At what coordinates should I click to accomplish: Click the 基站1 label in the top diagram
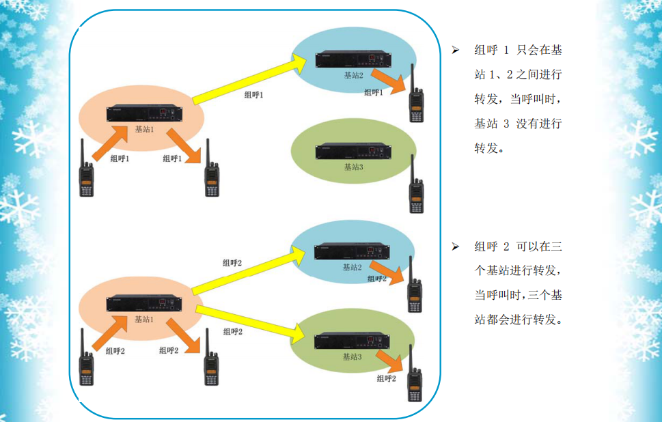(x=144, y=128)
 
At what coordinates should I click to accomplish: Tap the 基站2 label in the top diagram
(x=353, y=75)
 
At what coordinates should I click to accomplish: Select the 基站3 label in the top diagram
(x=353, y=167)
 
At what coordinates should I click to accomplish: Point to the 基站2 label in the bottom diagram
(x=353, y=267)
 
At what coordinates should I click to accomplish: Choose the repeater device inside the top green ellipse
(x=353, y=151)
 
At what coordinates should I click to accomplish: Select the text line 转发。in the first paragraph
(x=489, y=148)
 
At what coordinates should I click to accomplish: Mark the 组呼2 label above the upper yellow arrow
(x=232, y=262)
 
